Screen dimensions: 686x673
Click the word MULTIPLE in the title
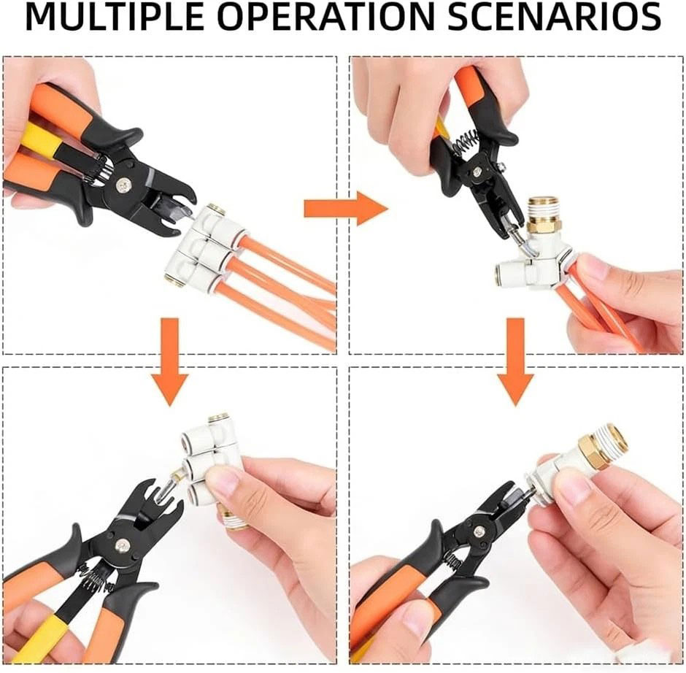click(x=114, y=17)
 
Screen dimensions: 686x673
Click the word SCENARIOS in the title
click(x=554, y=17)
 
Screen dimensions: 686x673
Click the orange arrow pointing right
click(x=346, y=208)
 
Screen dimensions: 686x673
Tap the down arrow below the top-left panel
click(x=170, y=362)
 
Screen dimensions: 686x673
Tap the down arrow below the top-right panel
click(x=516, y=362)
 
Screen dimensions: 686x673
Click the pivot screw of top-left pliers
click(x=123, y=185)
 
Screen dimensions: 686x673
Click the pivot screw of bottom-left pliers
click(x=120, y=545)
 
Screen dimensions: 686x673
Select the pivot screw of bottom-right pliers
click(x=480, y=531)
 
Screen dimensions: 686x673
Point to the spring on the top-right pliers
click(x=466, y=142)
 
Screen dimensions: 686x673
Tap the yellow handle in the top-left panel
click(x=41, y=139)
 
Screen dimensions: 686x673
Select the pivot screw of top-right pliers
click(x=477, y=172)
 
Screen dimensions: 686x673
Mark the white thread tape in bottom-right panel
click(x=615, y=437)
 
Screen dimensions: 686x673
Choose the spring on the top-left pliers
click(x=101, y=169)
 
